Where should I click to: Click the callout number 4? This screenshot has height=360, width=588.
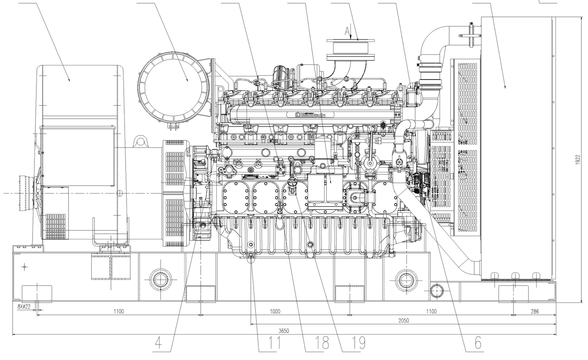tap(158, 343)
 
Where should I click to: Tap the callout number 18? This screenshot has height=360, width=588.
tap(318, 343)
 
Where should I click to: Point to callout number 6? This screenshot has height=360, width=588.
tap(477, 343)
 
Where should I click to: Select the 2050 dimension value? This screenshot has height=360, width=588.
tap(403, 320)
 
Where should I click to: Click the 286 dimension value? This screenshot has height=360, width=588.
tap(535, 311)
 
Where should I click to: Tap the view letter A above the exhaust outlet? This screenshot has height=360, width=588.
tap(347, 30)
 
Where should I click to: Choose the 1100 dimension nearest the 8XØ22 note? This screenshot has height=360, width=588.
tap(118, 311)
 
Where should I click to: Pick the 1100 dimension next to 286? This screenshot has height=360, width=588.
tap(431, 311)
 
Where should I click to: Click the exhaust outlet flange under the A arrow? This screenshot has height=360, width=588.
tap(350, 40)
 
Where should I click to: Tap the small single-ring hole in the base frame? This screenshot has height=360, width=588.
tap(436, 291)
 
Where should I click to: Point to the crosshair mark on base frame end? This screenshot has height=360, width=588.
tap(25, 267)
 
